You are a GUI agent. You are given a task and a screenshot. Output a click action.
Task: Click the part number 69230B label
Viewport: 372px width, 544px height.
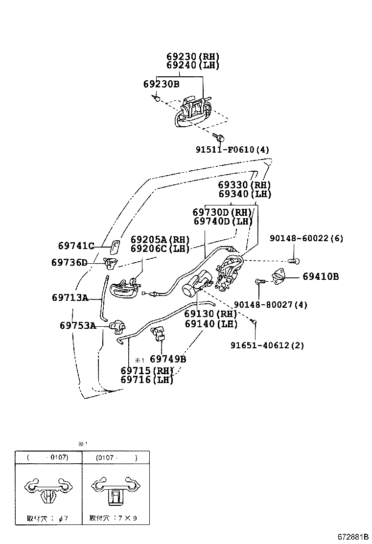(x=161, y=84)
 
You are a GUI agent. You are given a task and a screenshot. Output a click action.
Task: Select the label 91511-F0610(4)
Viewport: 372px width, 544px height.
(x=232, y=150)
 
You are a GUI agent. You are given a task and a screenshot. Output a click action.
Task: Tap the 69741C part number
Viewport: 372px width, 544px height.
(x=75, y=246)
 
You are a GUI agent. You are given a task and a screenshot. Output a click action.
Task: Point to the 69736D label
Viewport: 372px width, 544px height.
(x=69, y=262)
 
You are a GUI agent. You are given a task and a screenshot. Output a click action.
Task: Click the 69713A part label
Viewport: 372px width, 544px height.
(x=70, y=297)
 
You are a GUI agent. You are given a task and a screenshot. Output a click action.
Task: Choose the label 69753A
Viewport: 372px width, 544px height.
(x=78, y=325)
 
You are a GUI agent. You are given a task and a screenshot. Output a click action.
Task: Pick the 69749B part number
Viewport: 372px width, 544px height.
(x=168, y=359)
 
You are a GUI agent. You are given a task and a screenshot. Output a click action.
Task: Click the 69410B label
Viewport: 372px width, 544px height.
(x=321, y=276)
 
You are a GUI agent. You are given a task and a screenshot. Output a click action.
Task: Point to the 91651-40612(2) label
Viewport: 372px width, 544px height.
(x=267, y=345)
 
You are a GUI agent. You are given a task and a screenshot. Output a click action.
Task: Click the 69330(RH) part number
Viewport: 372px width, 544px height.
(x=244, y=185)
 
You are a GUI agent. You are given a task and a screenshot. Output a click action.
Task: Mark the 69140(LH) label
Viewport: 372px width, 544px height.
(x=211, y=323)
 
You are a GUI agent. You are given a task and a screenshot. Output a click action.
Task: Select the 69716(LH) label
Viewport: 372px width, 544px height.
(x=147, y=380)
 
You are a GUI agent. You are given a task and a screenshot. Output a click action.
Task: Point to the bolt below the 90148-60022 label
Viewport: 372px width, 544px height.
(x=293, y=260)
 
